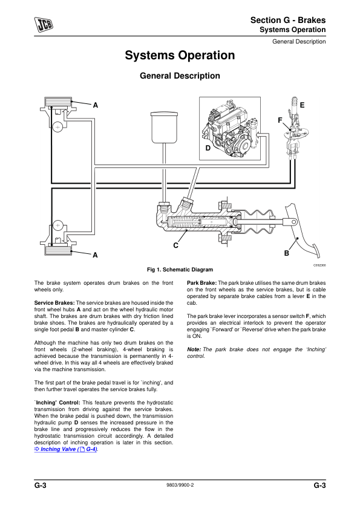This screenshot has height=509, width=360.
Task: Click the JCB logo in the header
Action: coord(44,24)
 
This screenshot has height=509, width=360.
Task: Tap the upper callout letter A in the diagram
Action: coord(95,105)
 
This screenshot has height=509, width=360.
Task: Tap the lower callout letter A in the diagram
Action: coord(95,255)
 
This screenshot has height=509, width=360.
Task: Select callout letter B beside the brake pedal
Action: coord(287,253)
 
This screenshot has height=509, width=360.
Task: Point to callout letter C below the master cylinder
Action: coord(176,245)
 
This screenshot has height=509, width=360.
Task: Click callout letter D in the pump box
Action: coord(208,148)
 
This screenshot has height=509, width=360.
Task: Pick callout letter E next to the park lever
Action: coord(302,105)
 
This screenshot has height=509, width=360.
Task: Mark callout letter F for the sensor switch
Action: coord(280,120)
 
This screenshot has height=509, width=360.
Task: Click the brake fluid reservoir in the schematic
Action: coord(164,127)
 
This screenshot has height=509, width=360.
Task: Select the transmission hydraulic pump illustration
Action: coord(229,129)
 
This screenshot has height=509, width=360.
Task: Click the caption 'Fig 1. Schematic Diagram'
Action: coord(180,270)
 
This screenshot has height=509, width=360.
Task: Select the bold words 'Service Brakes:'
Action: coord(54,303)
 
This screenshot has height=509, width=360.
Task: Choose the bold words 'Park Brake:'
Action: coord(201,283)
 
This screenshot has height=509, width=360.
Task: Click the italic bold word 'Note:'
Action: coord(194,349)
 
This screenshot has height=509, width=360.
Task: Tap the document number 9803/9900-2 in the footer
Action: coord(180,485)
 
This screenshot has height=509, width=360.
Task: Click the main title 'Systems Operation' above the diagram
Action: coord(180,55)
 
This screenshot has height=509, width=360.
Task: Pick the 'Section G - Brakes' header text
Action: coord(288,20)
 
